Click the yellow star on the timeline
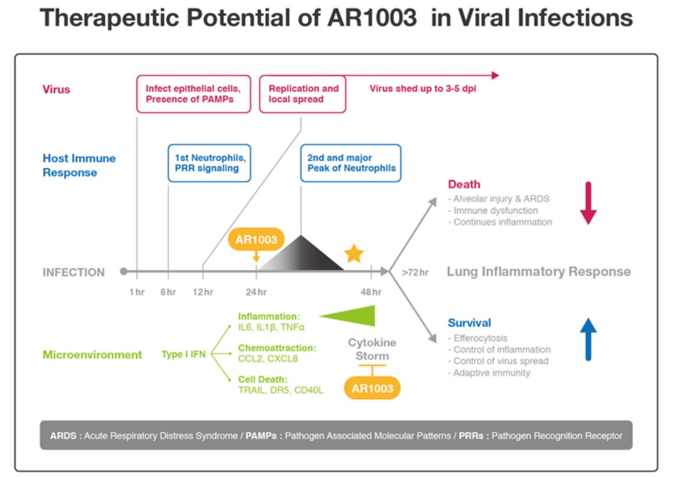[354, 254]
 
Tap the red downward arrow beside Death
[588, 203]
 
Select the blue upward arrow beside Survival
[588, 339]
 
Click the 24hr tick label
[256, 292]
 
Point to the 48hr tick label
[371, 292]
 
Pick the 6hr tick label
[168, 292]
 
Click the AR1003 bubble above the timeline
[256, 239]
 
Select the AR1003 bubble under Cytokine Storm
[372, 388]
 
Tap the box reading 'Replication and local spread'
[303, 94]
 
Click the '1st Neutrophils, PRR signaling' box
[210, 163]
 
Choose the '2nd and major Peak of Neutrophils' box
[351, 163]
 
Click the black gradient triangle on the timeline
[301, 253]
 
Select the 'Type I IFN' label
[183, 354]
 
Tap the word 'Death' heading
[464, 184]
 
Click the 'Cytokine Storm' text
[372, 349]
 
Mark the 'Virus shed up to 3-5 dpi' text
[423, 89]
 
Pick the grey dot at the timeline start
[123, 272]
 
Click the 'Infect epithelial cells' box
[194, 94]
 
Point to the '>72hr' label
[415, 272]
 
